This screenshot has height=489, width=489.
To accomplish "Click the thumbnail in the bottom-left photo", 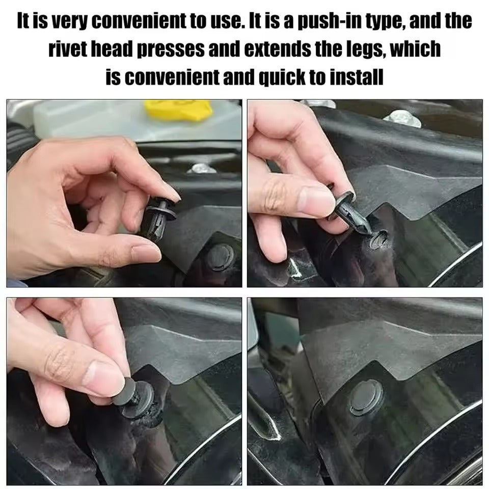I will (x=104, y=375).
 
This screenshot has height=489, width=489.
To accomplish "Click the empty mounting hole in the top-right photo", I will (x=379, y=239).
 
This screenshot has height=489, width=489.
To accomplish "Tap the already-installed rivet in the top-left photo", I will (x=221, y=256).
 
